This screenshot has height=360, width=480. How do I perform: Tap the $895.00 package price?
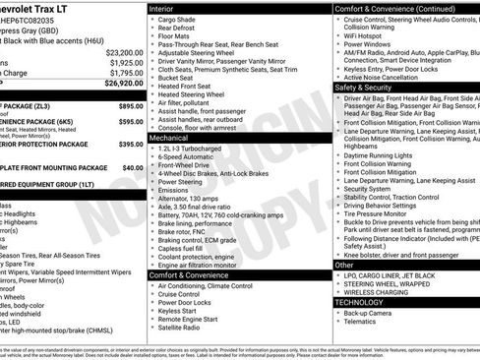click(131, 104)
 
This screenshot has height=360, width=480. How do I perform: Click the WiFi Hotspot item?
click(368, 34)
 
